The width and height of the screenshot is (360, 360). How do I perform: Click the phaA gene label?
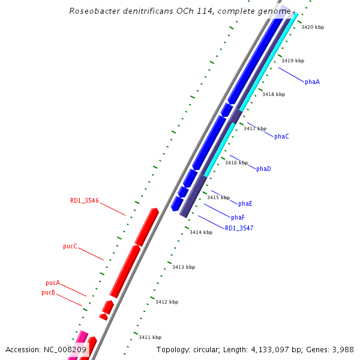pos(312,82)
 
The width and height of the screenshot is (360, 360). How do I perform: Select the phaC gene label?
pos(281,137)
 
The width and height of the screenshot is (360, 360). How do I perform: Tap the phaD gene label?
pos(263,169)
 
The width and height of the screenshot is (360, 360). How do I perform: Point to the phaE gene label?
pos(245,204)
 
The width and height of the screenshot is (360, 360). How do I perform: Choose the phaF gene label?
pos(238,217)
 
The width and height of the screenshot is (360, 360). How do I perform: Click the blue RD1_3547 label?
pos(239,229)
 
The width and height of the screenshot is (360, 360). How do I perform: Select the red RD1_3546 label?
pos(85,201)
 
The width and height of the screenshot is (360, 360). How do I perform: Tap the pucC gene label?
pos(70,247)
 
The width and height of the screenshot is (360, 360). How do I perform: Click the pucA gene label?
pos(53,283)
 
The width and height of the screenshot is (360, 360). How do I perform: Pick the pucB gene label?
pos(49,293)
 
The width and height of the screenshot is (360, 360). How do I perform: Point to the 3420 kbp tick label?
pos(313,28)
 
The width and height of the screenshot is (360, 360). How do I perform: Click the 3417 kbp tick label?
pos(255,128)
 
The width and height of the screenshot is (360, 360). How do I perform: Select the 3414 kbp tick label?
pos(201,232)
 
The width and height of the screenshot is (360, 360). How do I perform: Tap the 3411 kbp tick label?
pos(150,337)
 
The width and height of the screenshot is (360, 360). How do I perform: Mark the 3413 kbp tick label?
pos(184,267)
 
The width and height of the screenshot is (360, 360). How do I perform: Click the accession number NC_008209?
pos(65,349)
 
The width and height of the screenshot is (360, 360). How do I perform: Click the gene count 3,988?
pos(343,349)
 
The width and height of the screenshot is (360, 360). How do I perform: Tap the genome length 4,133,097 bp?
pos(269,349)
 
